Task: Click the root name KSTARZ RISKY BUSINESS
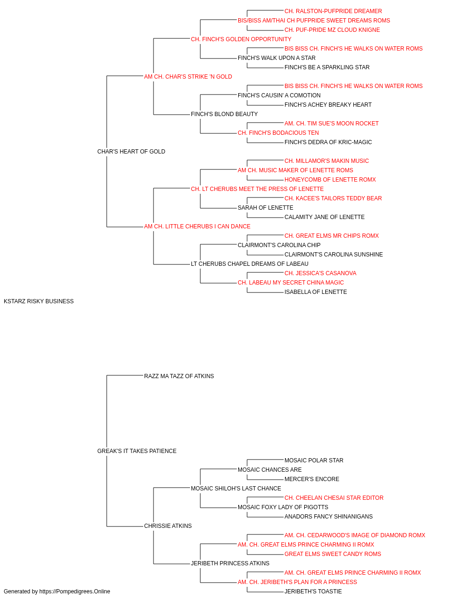(x=38, y=301)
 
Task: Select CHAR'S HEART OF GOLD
(x=131, y=152)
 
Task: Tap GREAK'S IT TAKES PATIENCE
(x=137, y=451)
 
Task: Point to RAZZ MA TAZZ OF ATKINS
(x=179, y=376)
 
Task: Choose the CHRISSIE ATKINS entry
(x=168, y=526)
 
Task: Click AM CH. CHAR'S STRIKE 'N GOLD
(x=188, y=77)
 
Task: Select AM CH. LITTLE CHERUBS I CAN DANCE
(x=197, y=226)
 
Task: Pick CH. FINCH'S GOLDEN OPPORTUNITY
(x=241, y=39)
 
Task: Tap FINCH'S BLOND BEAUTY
(x=224, y=114)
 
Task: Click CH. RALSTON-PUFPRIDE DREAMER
(x=333, y=11)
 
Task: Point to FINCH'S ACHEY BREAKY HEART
(x=328, y=105)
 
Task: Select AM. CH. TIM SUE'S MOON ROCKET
(x=331, y=124)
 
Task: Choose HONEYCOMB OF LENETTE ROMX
(x=330, y=180)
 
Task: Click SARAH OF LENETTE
(x=265, y=208)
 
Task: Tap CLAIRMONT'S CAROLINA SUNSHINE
(x=334, y=255)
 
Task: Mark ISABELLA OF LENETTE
(x=315, y=292)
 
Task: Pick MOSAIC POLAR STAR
(x=314, y=460)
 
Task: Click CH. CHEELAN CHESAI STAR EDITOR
(x=334, y=498)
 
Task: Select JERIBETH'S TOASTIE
(x=313, y=592)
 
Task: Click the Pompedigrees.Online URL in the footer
(x=75, y=592)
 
